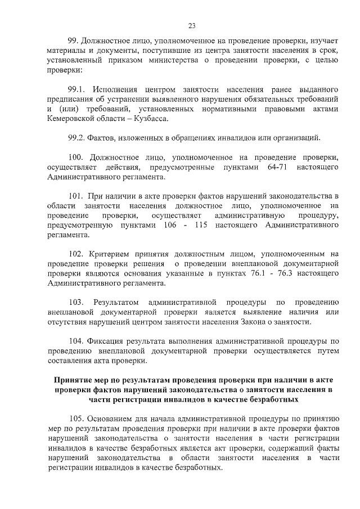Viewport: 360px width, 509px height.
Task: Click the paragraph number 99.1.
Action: (76, 90)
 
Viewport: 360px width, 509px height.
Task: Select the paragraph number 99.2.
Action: (76, 137)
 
